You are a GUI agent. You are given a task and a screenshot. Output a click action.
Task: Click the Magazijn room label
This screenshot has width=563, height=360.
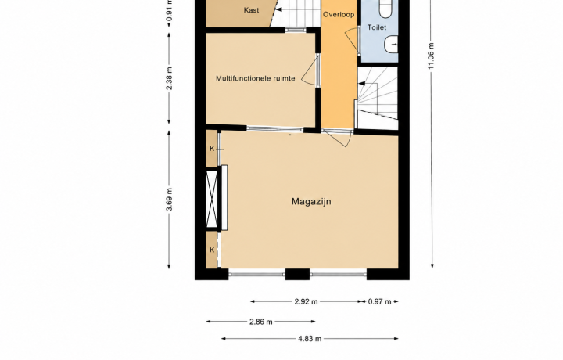click(x=311, y=202)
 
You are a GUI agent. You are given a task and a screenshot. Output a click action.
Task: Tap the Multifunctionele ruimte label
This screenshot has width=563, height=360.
click(x=255, y=78)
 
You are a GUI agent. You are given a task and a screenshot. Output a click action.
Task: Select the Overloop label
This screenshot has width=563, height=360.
click(x=339, y=15)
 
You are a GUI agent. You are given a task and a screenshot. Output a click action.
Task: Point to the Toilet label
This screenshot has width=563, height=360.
click(x=377, y=27)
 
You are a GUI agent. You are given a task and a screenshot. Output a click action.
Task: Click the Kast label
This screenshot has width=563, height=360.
click(x=251, y=10)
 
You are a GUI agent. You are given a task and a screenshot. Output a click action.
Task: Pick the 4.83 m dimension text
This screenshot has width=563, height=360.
click(x=310, y=338)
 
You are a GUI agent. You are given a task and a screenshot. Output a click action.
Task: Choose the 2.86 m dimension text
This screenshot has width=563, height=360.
click(x=261, y=322)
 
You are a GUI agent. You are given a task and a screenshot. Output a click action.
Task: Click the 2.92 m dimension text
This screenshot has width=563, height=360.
click(x=306, y=301)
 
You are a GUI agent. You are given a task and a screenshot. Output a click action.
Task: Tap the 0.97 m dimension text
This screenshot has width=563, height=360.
click(x=379, y=301)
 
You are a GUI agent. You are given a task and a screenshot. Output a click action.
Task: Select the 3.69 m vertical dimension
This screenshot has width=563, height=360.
click(x=170, y=200)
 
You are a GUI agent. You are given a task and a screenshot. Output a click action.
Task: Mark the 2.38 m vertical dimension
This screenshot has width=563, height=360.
click(x=170, y=78)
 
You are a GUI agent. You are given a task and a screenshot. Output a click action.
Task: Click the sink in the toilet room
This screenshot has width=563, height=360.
click(x=392, y=45)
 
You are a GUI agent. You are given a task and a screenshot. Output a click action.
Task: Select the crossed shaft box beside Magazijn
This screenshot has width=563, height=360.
click(x=212, y=200)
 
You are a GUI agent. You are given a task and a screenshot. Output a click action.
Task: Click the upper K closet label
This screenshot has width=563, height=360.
click(x=212, y=149)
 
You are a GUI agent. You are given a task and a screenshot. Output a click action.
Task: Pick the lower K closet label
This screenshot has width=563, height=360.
click(x=212, y=250)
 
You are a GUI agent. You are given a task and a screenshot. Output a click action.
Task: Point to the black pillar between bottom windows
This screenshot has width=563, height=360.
click(x=297, y=274)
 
